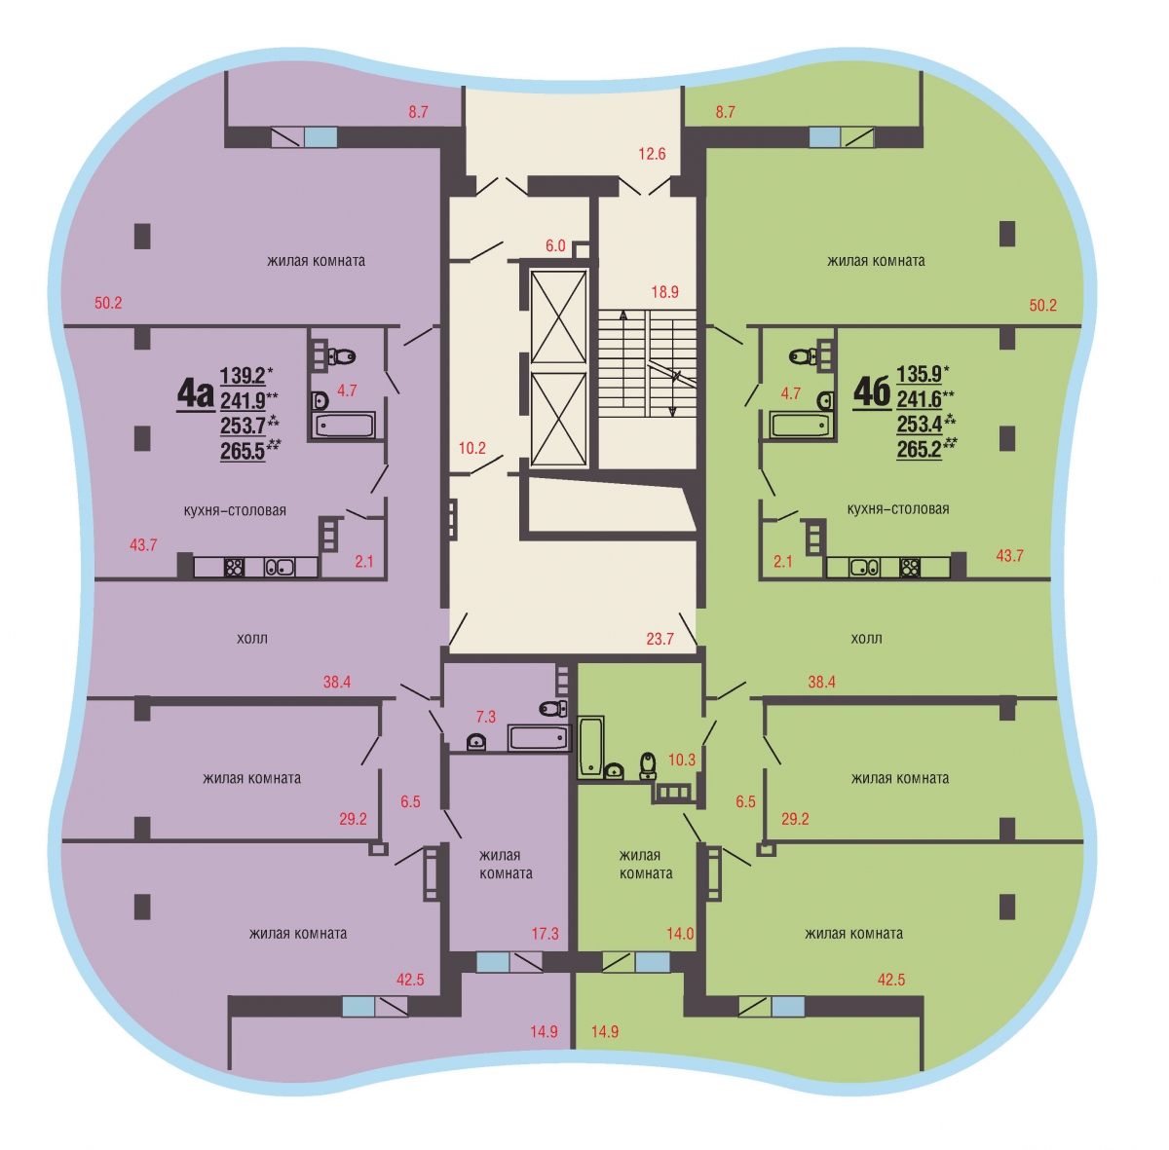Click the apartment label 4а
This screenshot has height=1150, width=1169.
click(x=196, y=393)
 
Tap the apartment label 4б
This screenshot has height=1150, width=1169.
click(x=872, y=391)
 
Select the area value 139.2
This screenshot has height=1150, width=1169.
click(x=243, y=376)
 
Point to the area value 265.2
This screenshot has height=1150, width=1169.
click(x=920, y=450)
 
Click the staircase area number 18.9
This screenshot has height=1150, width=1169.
click(x=665, y=292)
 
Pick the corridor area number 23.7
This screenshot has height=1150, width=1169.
click(x=660, y=639)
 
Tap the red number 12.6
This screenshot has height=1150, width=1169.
click(x=652, y=154)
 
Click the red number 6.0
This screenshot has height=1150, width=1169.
click(x=555, y=245)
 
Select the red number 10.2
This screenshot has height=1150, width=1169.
click(x=471, y=448)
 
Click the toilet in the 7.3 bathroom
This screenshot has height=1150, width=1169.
click(x=552, y=708)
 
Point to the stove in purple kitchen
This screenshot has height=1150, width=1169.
click(x=234, y=567)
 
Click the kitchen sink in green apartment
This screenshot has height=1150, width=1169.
click(x=864, y=568)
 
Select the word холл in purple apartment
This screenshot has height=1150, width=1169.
click(x=252, y=639)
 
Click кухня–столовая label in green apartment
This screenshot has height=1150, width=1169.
click(x=898, y=509)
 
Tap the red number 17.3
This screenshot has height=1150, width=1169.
click(x=545, y=934)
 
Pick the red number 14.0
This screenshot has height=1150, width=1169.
click(x=680, y=934)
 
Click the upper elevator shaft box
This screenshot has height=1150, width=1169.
click(x=558, y=317)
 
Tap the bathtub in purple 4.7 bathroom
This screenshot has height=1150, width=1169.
click(x=344, y=425)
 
